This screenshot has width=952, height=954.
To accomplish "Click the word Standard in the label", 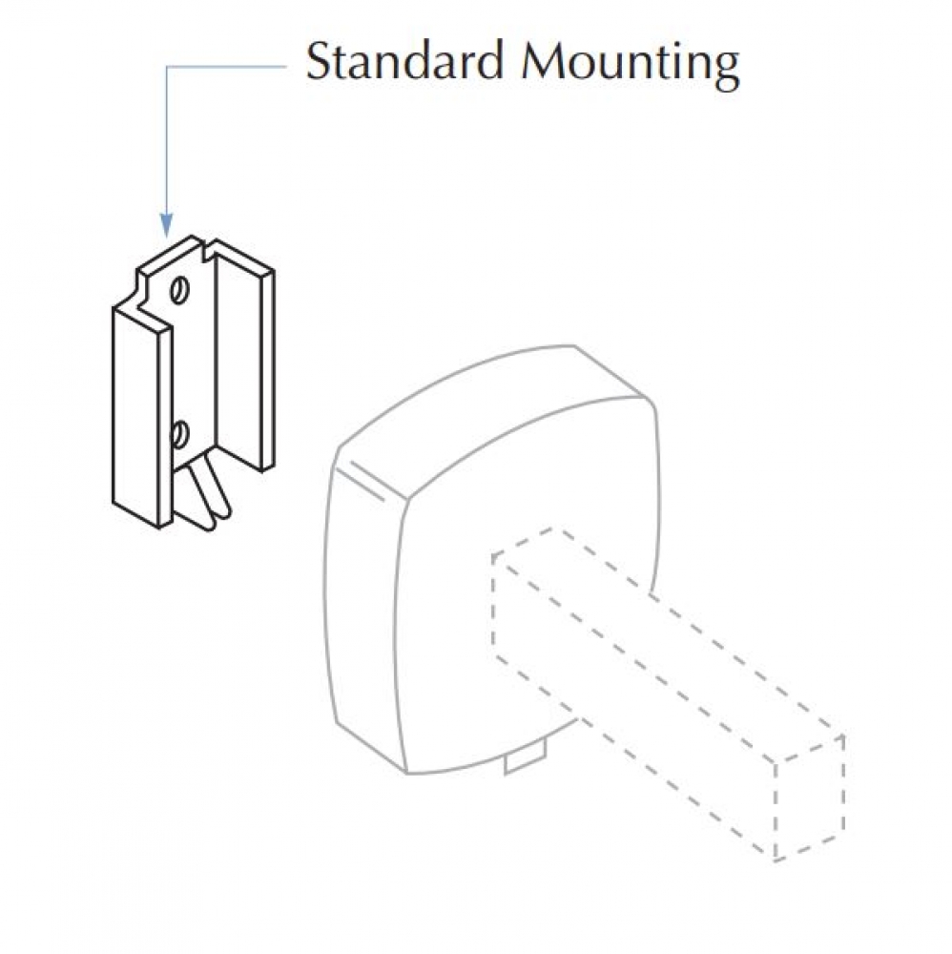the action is [x=405, y=61].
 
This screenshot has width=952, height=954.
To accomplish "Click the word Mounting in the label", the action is [x=631, y=65].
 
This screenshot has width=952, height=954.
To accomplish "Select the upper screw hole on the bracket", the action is [x=178, y=290].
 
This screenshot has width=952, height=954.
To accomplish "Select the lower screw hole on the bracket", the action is [x=178, y=434].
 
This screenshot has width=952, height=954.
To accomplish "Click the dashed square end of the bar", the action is [x=810, y=798].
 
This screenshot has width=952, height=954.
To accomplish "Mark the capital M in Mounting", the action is [x=547, y=61].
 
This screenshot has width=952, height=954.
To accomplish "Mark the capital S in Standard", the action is [x=318, y=61].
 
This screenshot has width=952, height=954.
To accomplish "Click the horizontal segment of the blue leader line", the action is [x=226, y=66].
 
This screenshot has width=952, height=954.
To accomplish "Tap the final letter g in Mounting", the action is [x=727, y=72].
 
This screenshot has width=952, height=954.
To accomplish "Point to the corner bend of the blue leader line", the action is [x=167, y=67].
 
